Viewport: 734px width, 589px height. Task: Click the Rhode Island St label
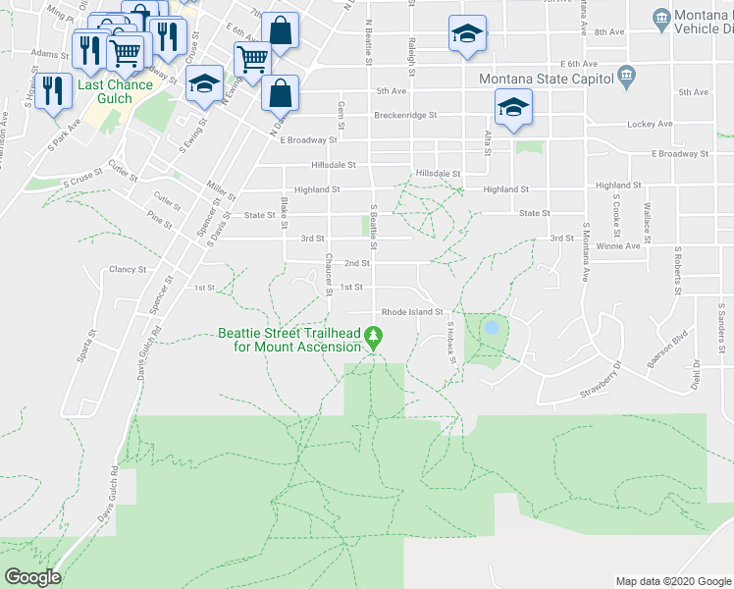[413, 311]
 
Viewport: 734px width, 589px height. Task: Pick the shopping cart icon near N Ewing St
[252, 60]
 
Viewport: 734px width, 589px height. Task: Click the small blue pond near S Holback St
[492, 327]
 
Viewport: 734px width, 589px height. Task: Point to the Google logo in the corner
[32, 577]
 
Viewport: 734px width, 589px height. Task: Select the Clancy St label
[128, 269]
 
